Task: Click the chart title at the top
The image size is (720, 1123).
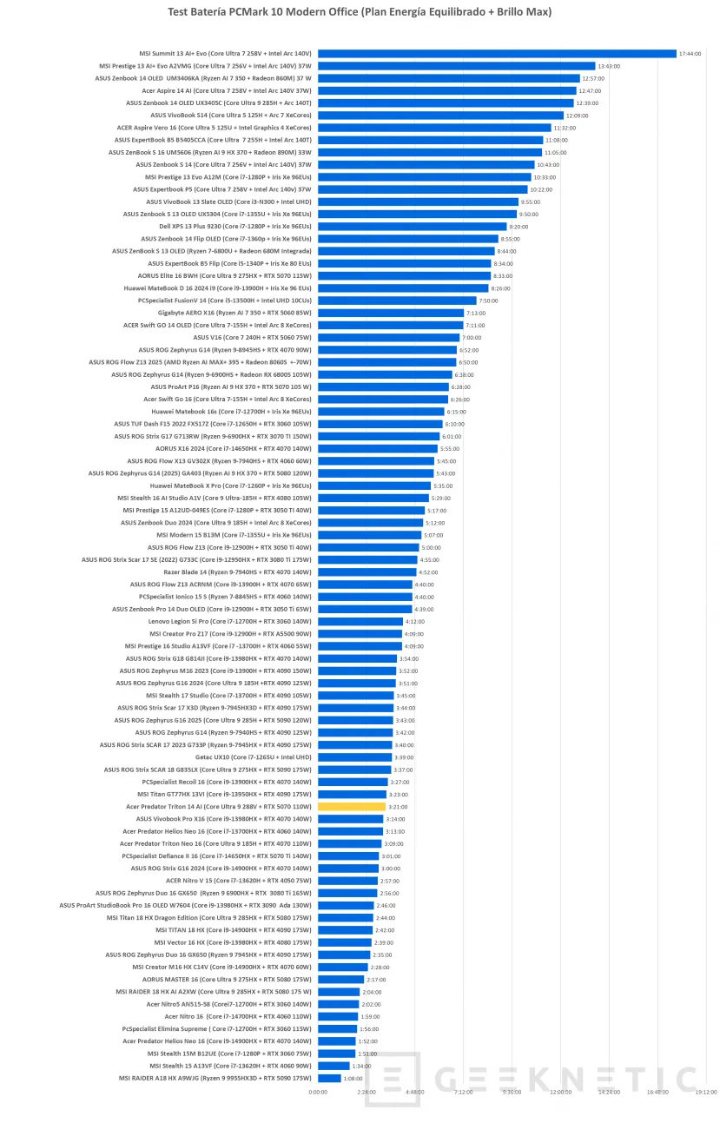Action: coord(360,12)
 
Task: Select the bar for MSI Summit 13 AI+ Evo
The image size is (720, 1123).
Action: coord(497,53)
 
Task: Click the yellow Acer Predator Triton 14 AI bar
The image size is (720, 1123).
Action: coord(352,807)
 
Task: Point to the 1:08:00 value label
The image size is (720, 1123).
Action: coord(353,1078)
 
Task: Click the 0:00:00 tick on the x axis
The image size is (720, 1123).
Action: coord(318,1092)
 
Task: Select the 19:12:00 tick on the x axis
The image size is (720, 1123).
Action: coord(704,1092)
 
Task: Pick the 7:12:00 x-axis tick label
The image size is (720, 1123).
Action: coord(463,1092)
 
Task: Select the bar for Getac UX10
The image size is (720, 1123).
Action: coord(354,757)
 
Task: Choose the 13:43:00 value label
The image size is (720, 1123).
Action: coord(609,66)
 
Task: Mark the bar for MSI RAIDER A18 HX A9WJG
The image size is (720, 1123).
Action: coord(329,1078)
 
